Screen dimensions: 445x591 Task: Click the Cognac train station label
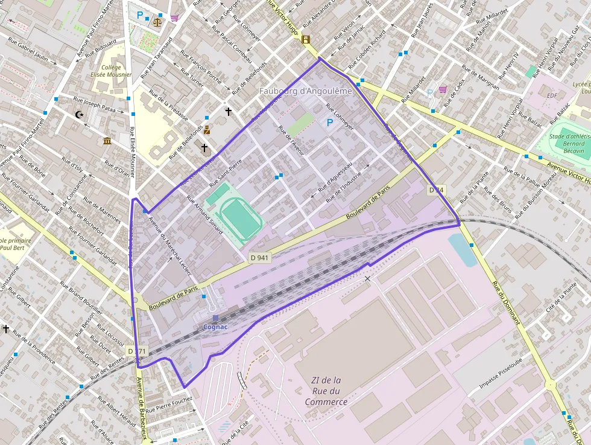coord(215,327)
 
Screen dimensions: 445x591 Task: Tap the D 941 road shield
coord(260,257)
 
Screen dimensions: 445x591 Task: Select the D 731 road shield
coord(136,351)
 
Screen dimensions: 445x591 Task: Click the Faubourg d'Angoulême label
coord(305,91)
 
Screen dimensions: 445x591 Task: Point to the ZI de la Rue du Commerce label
coord(326,391)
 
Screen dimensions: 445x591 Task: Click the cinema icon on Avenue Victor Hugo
coord(306,40)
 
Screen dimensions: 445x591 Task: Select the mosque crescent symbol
coord(79,114)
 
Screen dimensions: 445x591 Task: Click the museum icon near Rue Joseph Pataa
coord(107,141)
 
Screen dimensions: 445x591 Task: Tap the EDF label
coord(552,95)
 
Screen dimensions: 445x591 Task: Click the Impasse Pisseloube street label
coord(501,376)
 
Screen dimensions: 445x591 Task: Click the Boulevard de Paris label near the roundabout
coord(173,298)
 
